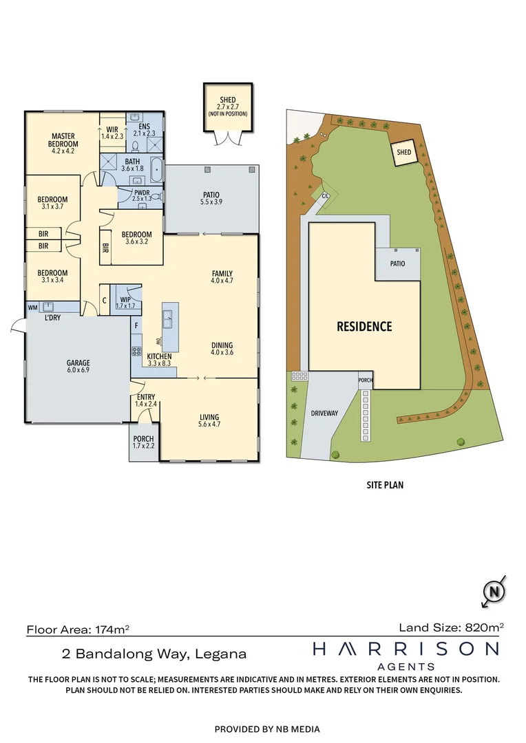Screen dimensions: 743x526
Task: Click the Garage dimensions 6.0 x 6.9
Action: click(78, 370)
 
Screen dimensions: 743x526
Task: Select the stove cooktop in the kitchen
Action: click(136, 350)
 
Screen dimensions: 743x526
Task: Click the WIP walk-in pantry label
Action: click(125, 299)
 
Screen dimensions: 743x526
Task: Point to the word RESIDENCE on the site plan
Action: click(364, 326)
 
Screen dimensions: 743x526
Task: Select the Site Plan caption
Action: click(384, 484)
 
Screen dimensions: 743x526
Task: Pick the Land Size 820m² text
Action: click(451, 627)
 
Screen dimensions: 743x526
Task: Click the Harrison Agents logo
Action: click(406, 654)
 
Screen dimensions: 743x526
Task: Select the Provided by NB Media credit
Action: click(267, 729)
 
